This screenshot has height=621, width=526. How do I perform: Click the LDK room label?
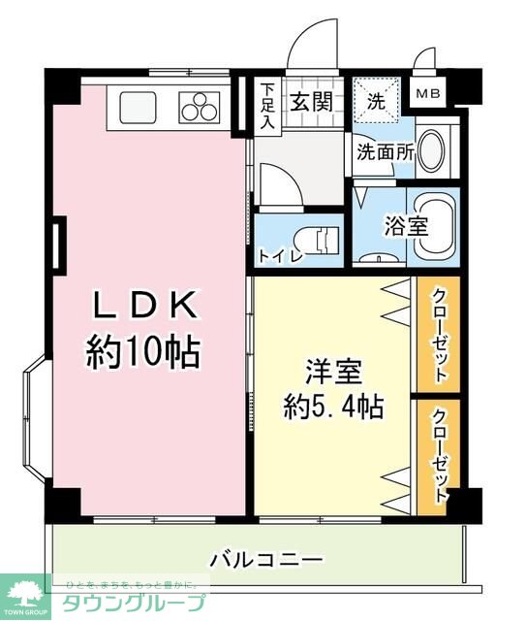click(x=145, y=305)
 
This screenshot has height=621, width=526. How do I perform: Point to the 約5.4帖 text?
click(x=333, y=405)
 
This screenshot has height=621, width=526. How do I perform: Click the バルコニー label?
click(x=266, y=560)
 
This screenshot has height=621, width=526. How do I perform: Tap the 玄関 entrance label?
click(x=309, y=99)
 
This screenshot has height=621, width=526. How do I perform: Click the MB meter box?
click(x=427, y=94)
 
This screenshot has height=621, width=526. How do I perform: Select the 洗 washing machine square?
click(x=375, y=98)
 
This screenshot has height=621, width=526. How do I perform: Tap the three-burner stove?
click(x=201, y=104)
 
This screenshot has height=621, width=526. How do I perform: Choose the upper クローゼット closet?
click(x=439, y=335)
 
